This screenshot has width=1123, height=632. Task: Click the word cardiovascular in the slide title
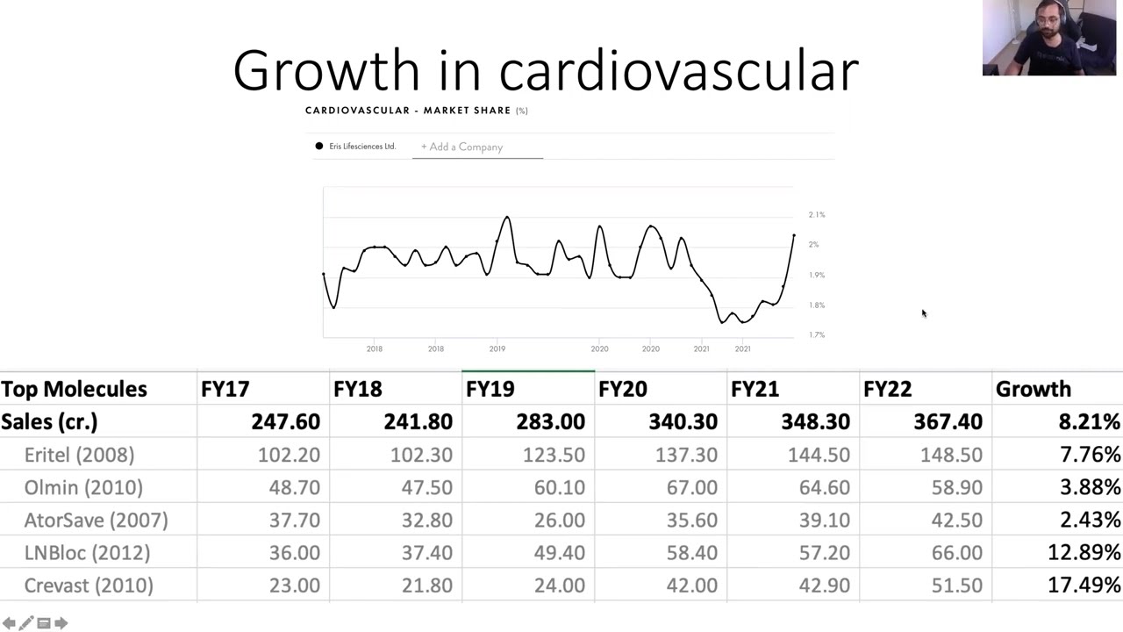pos(678,71)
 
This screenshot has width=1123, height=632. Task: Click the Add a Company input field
pos(477,147)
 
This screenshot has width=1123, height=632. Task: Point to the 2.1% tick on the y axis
pos(817,214)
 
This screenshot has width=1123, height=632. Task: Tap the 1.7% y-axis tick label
pos(817,334)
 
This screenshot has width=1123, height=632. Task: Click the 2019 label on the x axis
pos(497,348)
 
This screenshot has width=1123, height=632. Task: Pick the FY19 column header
pos(490,389)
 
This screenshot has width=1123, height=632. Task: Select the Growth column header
pos(1033,389)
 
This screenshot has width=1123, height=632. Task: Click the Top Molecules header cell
pos(74,389)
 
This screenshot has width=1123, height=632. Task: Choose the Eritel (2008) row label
pos(79,455)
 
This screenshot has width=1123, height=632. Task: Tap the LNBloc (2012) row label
pos(87,553)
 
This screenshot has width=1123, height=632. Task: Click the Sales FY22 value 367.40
pos(948,422)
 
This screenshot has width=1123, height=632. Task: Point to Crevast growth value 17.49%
pos(1084,585)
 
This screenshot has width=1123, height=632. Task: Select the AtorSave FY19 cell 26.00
pos(559,521)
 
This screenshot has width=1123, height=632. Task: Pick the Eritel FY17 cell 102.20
pos(289,455)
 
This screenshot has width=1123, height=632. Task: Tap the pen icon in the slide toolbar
pos(26,623)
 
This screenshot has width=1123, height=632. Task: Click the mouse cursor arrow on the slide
pos(923,313)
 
